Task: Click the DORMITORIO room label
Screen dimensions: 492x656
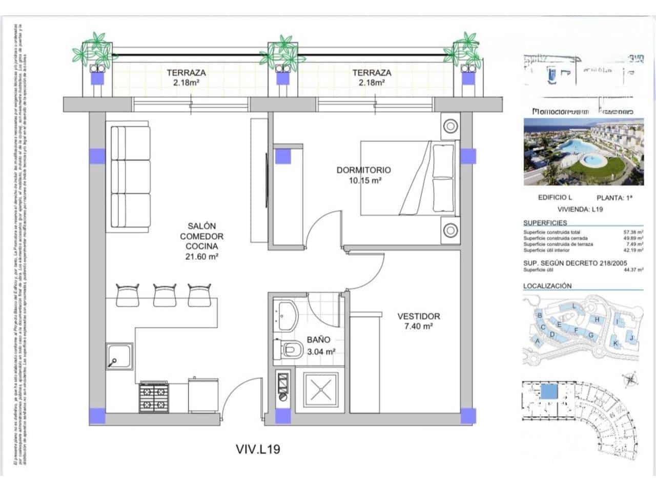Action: (x=363, y=170)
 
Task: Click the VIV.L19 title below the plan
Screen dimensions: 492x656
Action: (x=258, y=449)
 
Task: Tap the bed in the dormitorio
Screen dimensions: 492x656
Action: (x=407, y=178)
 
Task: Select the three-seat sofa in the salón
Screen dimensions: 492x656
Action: (x=131, y=177)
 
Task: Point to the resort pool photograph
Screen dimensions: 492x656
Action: (x=583, y=152)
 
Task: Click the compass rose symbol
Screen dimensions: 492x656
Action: (x=630, y=379)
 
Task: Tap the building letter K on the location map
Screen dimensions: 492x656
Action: (x=616, y=343)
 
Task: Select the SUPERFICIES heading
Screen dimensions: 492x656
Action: (x=545, y=223)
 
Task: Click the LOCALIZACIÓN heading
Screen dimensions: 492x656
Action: (x=547, y=286)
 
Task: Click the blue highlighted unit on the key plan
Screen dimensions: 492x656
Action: (x=549, y=392)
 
